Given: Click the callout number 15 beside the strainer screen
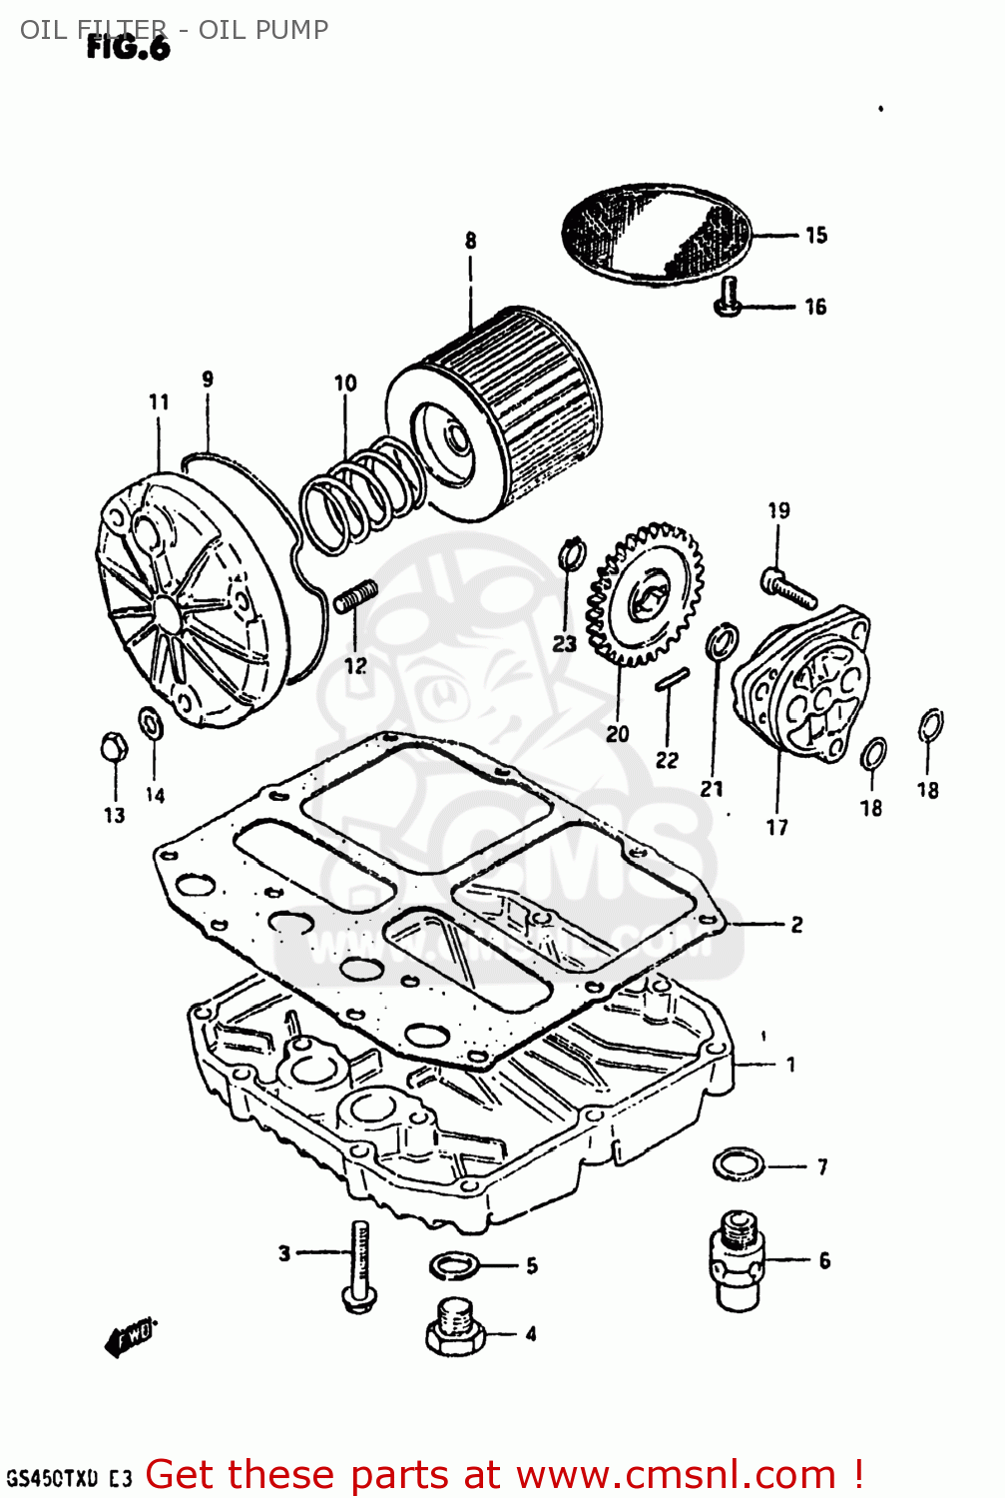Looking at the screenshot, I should (x=816, y=236).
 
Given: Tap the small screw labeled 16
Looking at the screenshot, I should (x=729, y=299).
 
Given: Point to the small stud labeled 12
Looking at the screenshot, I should (x=355, y=598).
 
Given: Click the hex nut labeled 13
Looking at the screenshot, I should (x=113, y=747).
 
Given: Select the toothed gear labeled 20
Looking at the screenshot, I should (x=645, y=594).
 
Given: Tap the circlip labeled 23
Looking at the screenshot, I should (x=572, y=552).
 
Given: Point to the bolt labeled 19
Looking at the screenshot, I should (x=788, y=587).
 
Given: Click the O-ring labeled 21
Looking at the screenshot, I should (x=722, y=642).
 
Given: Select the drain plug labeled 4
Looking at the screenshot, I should (x=455, y=1327).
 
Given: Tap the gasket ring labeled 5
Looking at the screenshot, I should (x=453, y=1266).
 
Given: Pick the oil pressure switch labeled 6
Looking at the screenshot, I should (x=737, y=1260).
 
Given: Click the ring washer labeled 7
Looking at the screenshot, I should (x=739, y=1164).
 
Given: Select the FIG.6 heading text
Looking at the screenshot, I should (x=128, y=47).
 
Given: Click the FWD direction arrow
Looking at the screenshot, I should (x=130, y=1336).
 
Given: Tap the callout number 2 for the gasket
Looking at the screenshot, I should (x=796, y=925).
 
